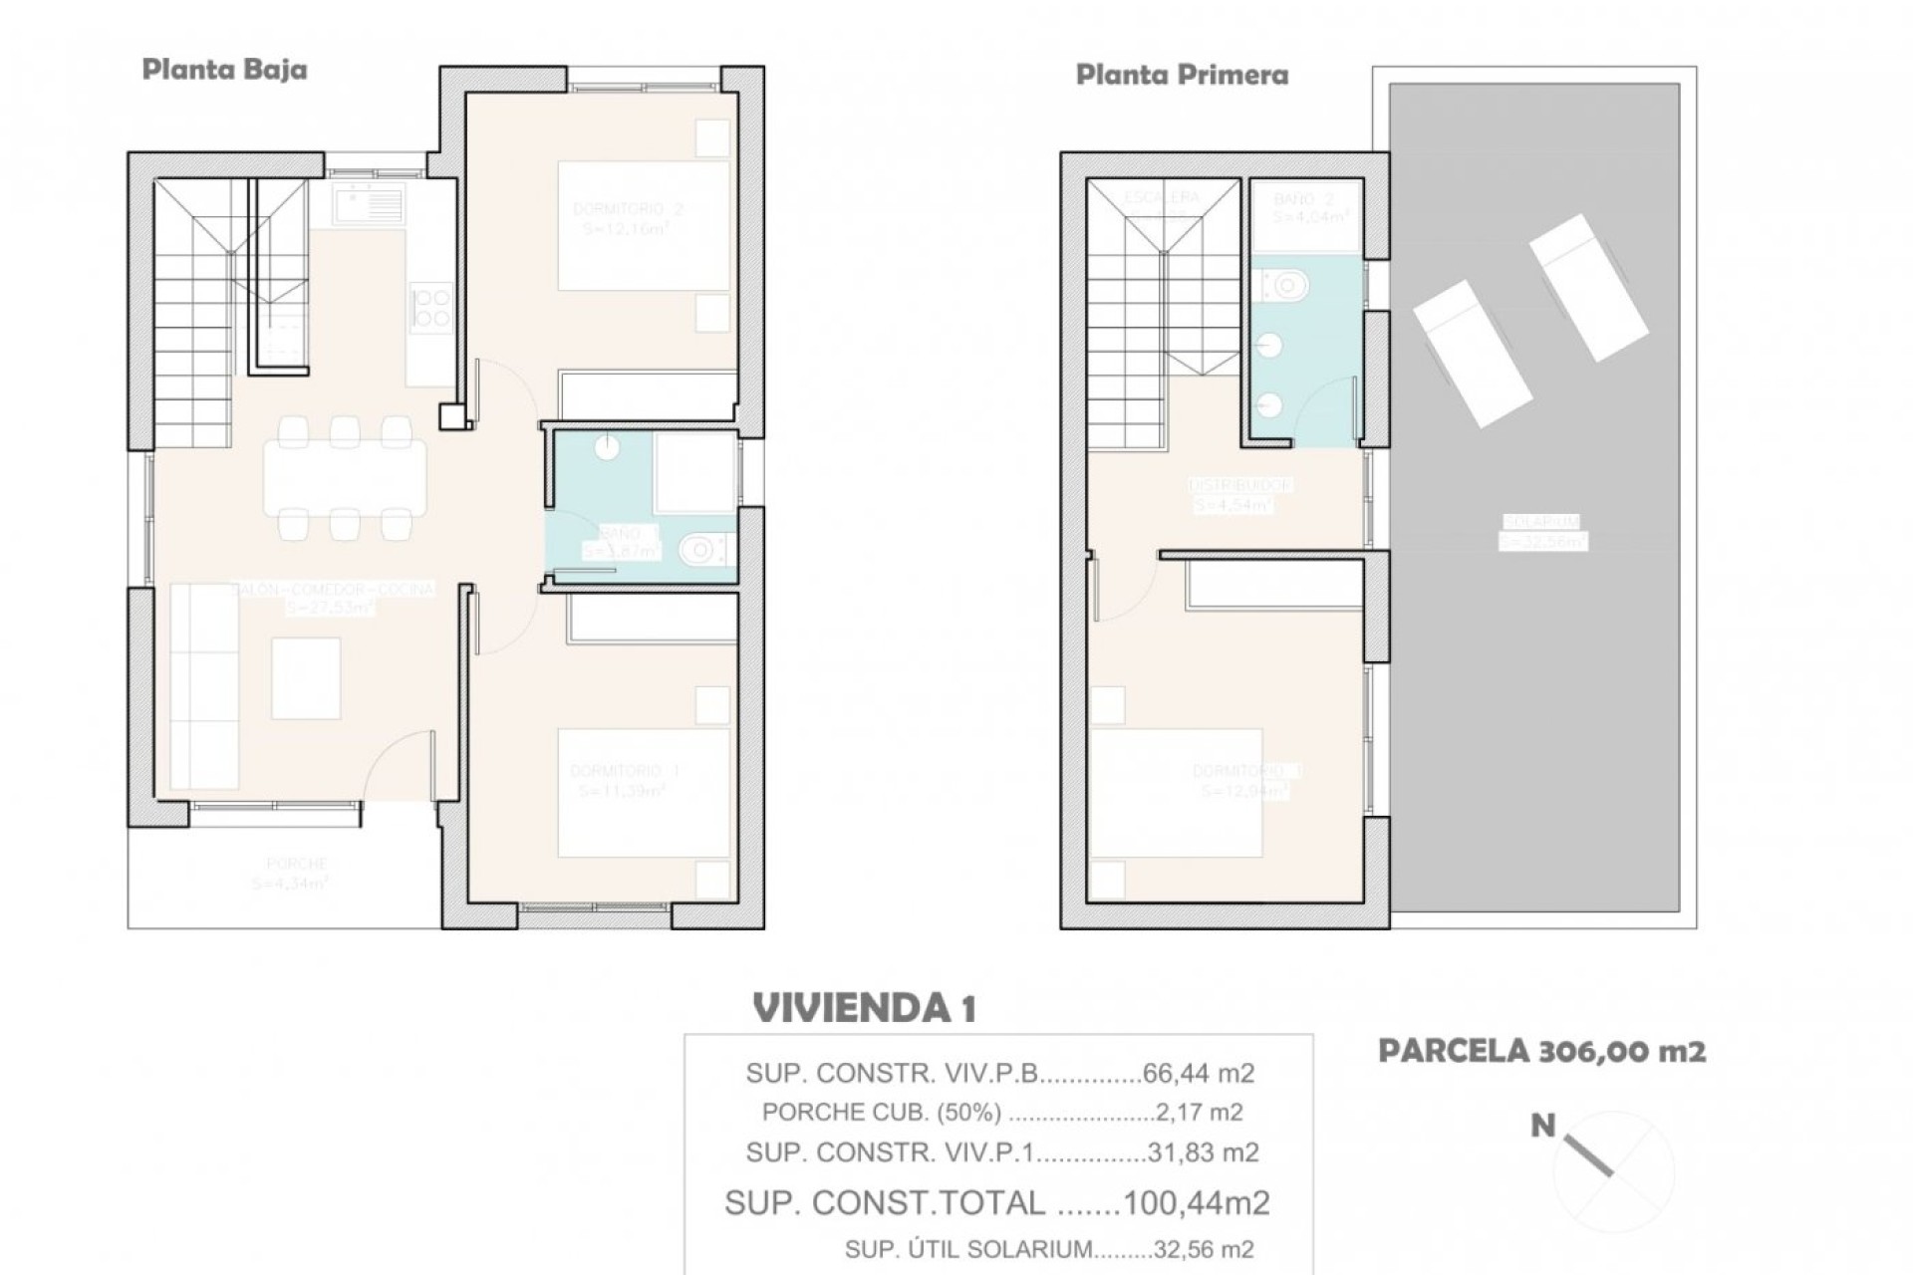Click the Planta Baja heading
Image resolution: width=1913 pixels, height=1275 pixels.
[224, 70]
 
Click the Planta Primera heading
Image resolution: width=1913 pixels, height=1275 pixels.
[1182, 76]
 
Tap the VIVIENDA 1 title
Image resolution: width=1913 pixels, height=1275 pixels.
[864, 1008]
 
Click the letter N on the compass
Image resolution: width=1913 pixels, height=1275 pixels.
[1542, 1127]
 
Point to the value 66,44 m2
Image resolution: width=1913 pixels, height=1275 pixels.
[1199, 1074]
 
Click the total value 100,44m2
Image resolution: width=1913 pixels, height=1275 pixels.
[1196, 1203]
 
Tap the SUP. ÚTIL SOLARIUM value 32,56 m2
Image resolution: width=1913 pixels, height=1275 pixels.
[1203, 1249]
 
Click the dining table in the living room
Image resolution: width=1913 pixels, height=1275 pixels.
[345, 478]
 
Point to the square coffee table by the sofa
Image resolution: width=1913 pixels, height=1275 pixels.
[306, 678]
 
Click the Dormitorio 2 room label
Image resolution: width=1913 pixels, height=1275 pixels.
[628, 209]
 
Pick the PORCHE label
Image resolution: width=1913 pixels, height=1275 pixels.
[296, 864]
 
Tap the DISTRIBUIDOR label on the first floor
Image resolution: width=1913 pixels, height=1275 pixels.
[1240, 485]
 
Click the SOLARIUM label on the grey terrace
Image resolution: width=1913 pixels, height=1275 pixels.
[1541, 522]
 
